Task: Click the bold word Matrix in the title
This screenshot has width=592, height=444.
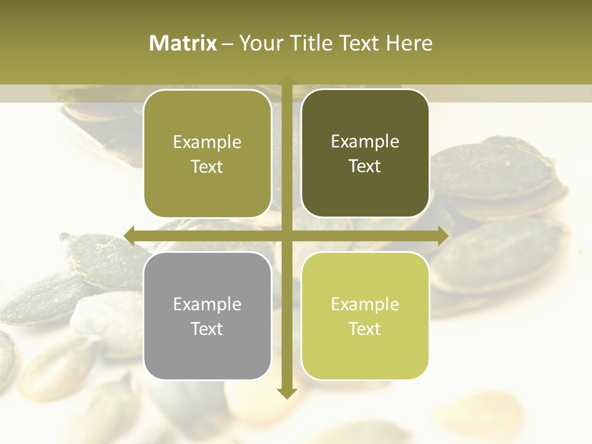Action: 183,43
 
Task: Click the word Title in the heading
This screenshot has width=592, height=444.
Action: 312,43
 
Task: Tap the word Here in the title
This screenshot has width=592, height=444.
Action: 409,43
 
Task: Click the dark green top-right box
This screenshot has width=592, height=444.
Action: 365,154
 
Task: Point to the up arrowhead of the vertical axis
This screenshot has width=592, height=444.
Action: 286,80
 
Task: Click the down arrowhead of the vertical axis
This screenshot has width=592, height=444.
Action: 286,393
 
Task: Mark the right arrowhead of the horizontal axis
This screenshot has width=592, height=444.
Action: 443,236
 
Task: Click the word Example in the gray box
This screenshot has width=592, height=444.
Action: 207,304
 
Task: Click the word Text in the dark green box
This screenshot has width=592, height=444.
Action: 365,166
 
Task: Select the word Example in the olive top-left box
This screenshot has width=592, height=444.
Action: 207,142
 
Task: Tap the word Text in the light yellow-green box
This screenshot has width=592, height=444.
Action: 365,329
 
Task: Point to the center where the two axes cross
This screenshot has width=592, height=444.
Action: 286,236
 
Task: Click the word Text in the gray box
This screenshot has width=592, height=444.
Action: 207,329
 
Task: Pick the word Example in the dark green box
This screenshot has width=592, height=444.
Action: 365,141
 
